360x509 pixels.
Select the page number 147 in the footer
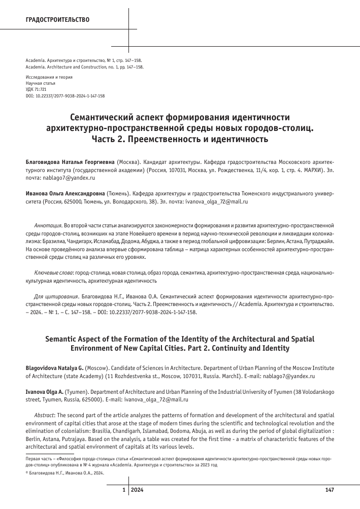(329, 490)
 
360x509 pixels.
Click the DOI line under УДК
(65, 95)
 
